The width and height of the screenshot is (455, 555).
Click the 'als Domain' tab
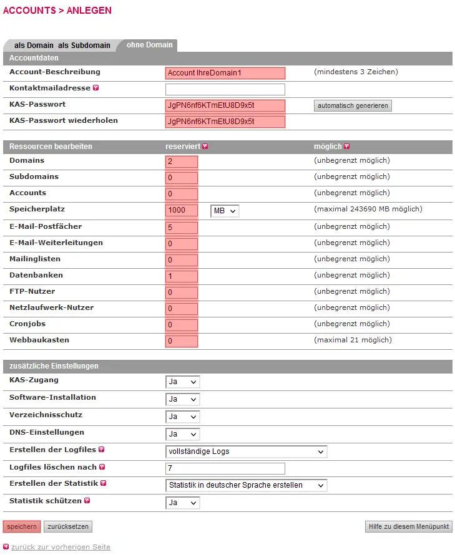34,46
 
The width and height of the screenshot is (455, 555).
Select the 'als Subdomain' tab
84,46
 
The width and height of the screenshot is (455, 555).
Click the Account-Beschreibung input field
225,73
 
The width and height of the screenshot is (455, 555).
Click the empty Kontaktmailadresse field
225,89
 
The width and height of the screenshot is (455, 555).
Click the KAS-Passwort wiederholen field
225,122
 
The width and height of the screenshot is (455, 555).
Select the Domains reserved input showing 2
182,162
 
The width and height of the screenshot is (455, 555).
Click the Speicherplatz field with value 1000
182,210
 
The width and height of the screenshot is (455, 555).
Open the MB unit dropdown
225,211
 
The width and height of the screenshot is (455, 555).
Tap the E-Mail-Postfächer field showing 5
182,228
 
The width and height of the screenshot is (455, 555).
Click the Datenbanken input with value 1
182,276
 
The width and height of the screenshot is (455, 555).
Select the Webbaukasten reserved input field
182,341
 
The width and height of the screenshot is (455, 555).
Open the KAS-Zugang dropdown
182,382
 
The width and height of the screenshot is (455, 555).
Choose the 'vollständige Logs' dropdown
246,451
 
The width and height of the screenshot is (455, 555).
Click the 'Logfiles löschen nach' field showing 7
225,468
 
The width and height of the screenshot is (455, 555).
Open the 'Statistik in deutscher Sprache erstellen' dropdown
246,485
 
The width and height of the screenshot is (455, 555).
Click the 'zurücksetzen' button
68,527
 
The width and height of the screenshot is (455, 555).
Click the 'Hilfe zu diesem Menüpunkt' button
408,527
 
